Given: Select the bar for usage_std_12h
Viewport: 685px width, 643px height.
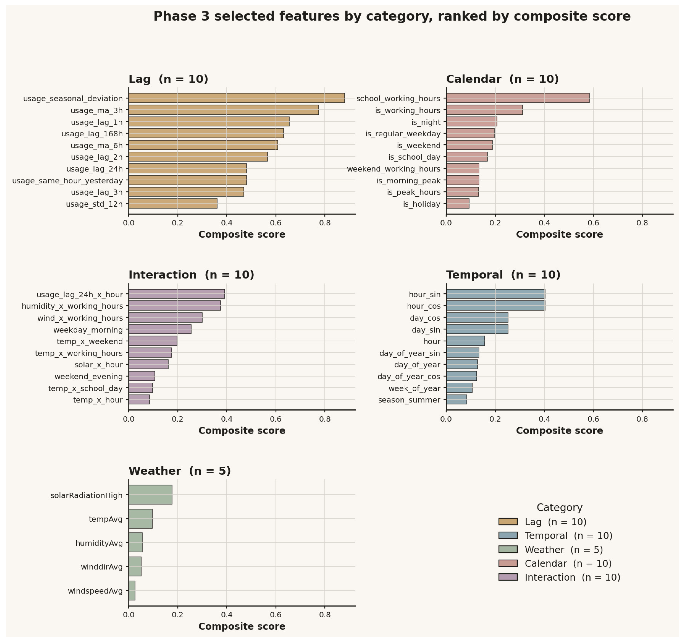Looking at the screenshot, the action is [x=173, y=204].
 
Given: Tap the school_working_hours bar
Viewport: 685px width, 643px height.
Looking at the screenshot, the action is [x=518, y=98].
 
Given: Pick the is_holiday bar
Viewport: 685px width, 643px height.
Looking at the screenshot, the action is [x=458, y=204].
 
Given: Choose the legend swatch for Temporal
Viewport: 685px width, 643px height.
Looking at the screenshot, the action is [x=508, y=536].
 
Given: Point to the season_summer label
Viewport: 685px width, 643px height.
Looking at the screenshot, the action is [x=409, y=400].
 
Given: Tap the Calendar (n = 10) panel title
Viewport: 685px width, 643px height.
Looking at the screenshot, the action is [x=502, y=79].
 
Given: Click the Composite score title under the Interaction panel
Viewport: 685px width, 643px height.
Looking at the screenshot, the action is [x=242, y=431].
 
